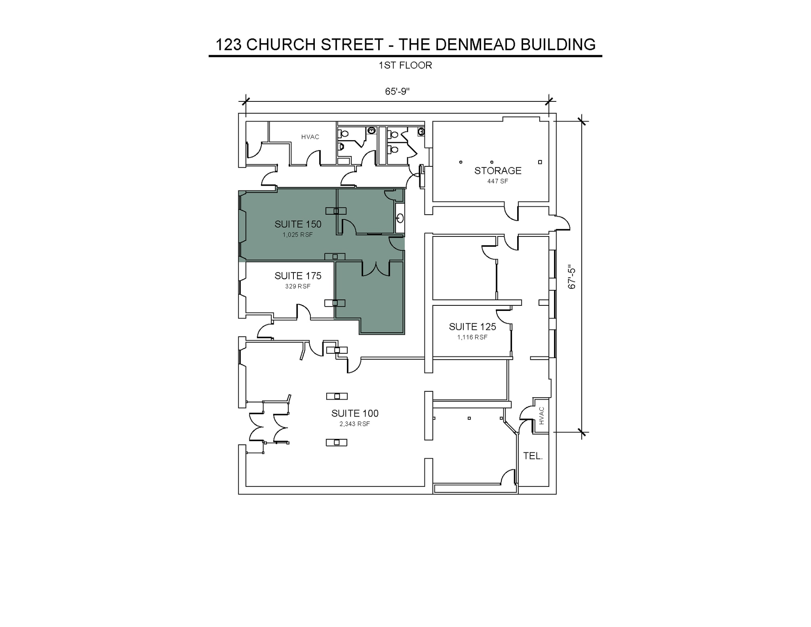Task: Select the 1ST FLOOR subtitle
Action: [x=405, y=65]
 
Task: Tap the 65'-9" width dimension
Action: [x=397, y=91]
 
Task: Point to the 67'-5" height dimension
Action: [x=572, y=276]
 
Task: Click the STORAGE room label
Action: [x=498, y=171]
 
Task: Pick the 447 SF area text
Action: [x=497, y=181]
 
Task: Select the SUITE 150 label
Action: [x=298, y=224]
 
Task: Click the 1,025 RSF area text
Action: [x=297, y=235]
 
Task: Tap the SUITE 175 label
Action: [x=298, y=276]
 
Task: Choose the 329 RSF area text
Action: [x=297, y=286]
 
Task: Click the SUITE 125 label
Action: [x=472, y=327]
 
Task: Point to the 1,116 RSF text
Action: [x=472, y=337]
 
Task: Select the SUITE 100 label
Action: [x=355, y=414]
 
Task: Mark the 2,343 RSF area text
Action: [x=354, y=424]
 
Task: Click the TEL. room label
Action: [x=533, y=456]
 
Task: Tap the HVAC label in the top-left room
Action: [x=310, y=137]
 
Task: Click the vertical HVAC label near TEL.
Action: [x=542, y=416]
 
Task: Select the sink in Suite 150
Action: [x=400, y=218]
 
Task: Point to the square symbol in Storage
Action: [x=540, y=162]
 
